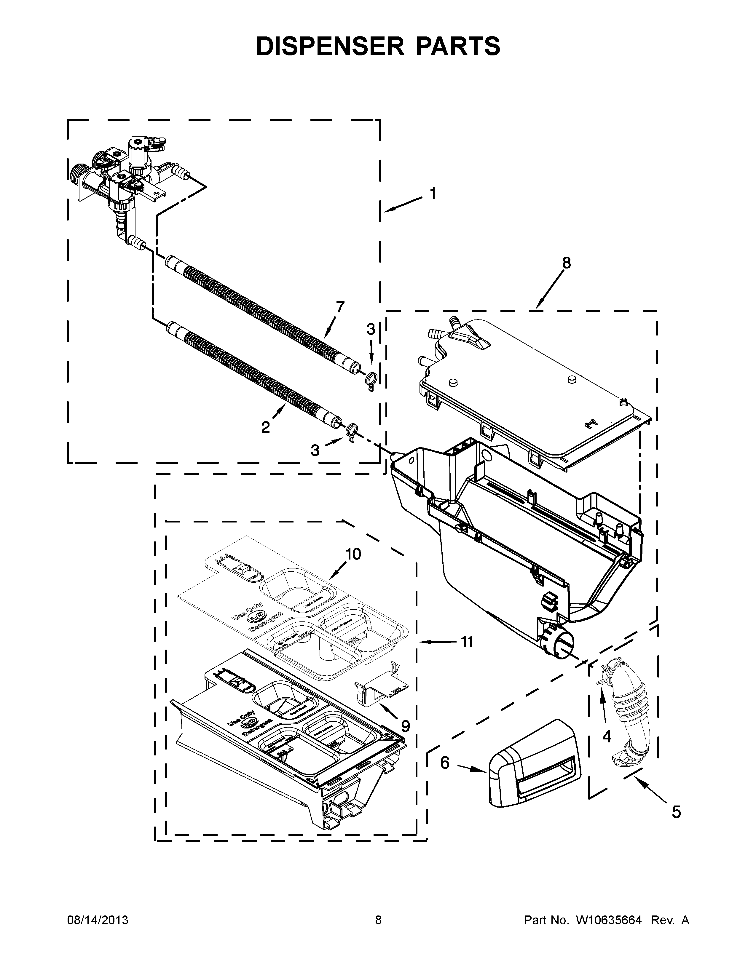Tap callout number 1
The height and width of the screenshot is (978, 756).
pyautogui.click(x=433, y=194)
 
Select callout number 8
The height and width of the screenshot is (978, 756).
pyautogui.click(x=567, y=263)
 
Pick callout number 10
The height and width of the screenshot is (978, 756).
pyautogui.click(x=353, y=554)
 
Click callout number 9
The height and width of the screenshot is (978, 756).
pyautogui.click(x=405, y=726)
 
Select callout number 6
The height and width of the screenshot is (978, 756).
pyautogui.click(x=444, y=763)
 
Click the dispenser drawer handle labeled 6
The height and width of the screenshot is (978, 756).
pyautogui.click(x=533, y=768)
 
